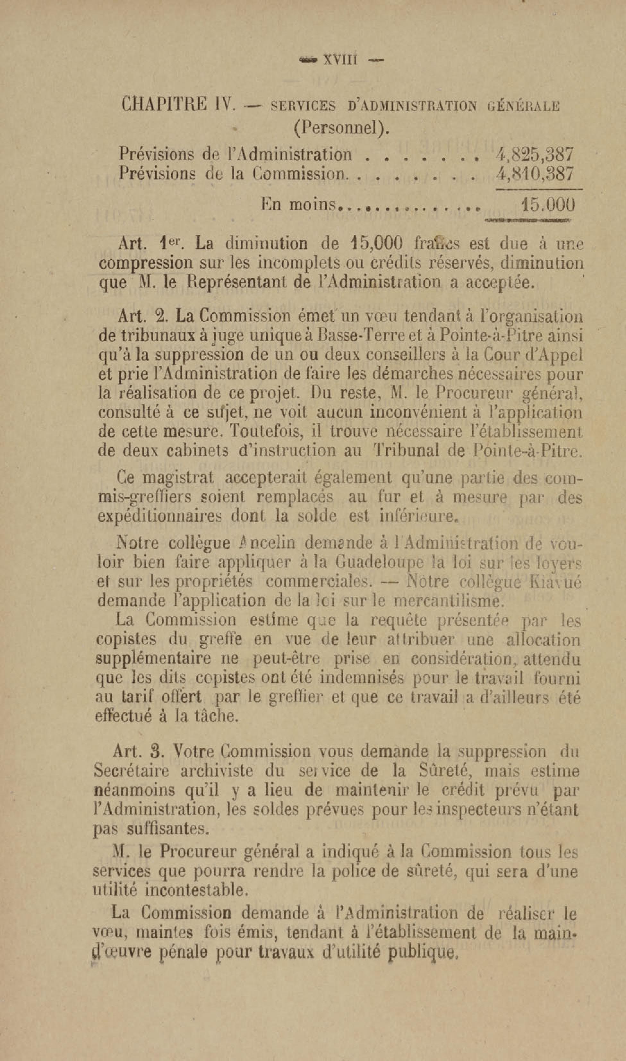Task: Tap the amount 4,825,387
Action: click(535, 154)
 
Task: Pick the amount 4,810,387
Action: click(535, 173)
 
